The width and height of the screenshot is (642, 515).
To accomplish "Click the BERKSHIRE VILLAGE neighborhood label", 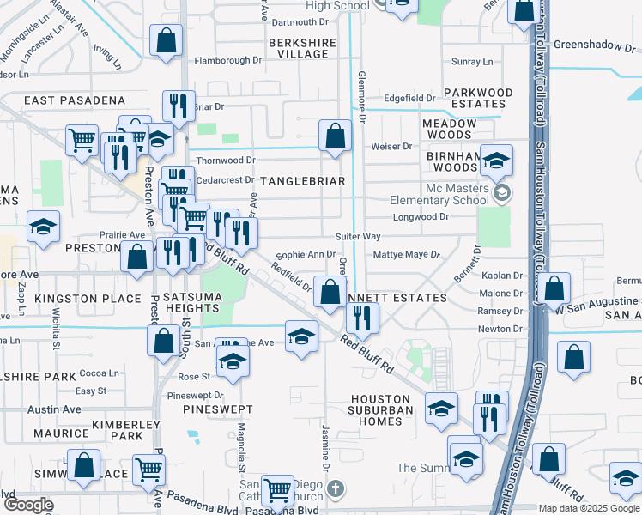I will pyautogui.click(x=298, y=48).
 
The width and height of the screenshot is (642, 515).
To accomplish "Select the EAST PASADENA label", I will pyautogui.click(x=75, y=100).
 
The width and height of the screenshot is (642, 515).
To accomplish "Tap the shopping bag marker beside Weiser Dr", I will pyautogui.click(x=335, y=136).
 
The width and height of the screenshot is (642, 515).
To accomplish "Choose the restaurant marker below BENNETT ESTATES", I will pyautogui.click(x=363, y=318).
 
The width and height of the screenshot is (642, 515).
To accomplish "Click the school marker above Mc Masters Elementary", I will pyautogui.click(x=496, y=161).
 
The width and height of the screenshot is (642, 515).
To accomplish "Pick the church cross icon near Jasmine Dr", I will pyautogui.click(x=336, y=489).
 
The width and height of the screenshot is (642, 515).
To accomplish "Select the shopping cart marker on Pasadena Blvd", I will pyautogui.click(x=276, y=491).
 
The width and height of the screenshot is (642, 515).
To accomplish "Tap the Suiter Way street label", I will pyautogui.click(x=358, y=236).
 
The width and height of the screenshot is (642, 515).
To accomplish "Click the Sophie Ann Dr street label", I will pyautogui.click(x=306, y=254).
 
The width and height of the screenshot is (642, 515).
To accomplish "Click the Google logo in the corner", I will pyautogui.click(x=28, y=505).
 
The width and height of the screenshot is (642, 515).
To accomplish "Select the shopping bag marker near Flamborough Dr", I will pyautogui.click(x=167, y=40).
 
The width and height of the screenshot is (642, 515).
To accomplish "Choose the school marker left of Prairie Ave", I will pyautogui.click(x=43, y=227).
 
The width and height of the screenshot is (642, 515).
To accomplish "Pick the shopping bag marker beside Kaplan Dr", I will pyautogui.click(x=555, y=289).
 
